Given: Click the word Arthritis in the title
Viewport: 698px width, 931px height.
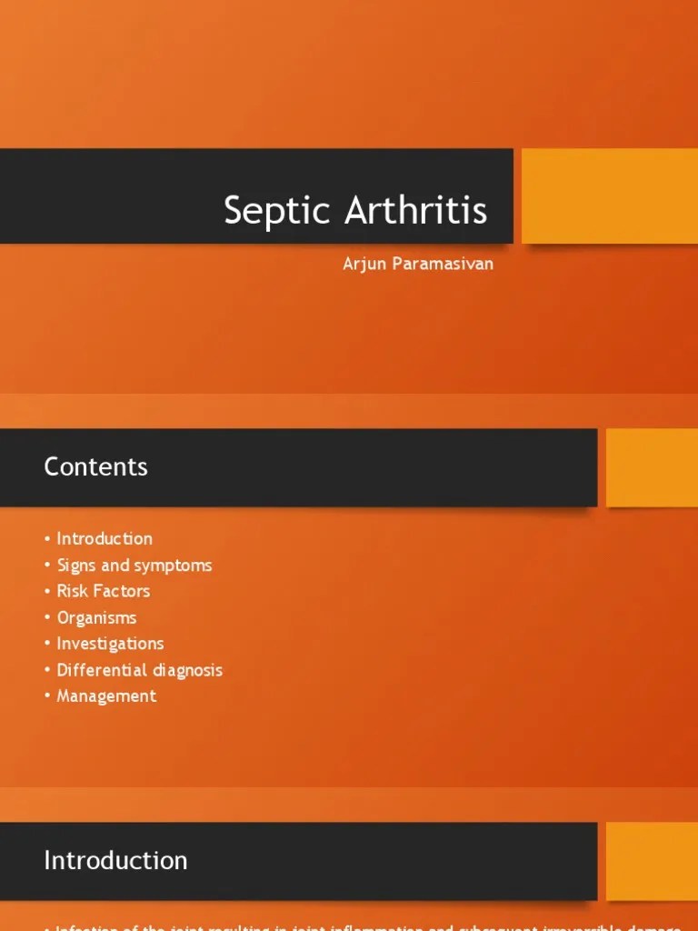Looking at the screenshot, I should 415,211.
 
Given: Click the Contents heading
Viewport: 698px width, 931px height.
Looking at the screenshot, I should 95,467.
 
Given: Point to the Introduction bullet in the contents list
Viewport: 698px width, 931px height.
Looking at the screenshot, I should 105,538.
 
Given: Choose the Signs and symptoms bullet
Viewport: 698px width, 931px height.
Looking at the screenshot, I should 135,566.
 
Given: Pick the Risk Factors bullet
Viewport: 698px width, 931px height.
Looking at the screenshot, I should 103,591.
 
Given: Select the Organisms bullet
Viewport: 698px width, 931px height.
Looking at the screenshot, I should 96,617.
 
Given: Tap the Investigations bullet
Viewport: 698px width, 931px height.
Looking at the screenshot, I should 110,644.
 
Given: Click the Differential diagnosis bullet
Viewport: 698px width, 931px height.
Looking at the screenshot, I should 139,670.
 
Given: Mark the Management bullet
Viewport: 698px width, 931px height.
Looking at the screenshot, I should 106,696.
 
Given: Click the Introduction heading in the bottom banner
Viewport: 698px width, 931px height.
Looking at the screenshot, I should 115,860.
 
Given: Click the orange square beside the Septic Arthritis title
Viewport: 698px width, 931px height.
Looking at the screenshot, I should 609,196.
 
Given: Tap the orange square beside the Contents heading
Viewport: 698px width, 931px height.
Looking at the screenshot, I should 652,467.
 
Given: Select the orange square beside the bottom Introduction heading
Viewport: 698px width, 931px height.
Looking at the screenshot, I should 652,861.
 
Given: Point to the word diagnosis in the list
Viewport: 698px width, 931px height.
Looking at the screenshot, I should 187,670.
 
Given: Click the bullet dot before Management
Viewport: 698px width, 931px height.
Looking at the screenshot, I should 47,696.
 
